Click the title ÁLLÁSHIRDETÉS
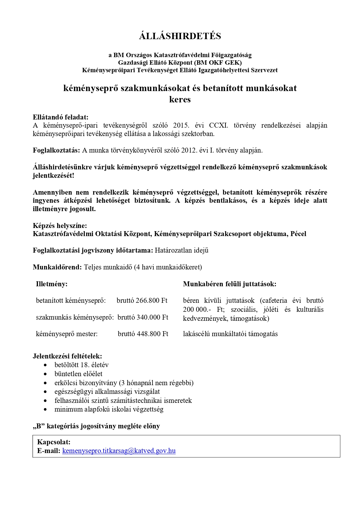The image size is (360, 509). [180, 36]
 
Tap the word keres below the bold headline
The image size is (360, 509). [180, 99]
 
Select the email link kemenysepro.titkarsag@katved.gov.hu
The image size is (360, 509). [119, 451]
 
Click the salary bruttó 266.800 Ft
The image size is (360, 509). [142, 300]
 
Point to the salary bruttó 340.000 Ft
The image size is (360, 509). [143, 317]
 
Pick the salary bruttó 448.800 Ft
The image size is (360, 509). [143, 334]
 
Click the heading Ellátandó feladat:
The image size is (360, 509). [60, 117]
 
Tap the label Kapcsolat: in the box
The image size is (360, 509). [54, 442]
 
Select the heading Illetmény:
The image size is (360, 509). [52, 284]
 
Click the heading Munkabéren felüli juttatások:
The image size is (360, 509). [229, 284]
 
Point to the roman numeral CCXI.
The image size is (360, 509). [218, 126]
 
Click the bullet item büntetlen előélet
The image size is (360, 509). [78, 374]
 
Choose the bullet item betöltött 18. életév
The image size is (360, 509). [82, 365]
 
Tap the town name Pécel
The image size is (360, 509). [298, 234]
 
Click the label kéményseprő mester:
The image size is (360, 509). [67, 334]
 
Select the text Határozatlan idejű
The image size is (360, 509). [182, 250]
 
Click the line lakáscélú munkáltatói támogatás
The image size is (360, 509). [230, 334]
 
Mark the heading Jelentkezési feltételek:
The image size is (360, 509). [67, 356]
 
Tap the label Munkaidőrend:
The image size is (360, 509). [57, 267]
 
